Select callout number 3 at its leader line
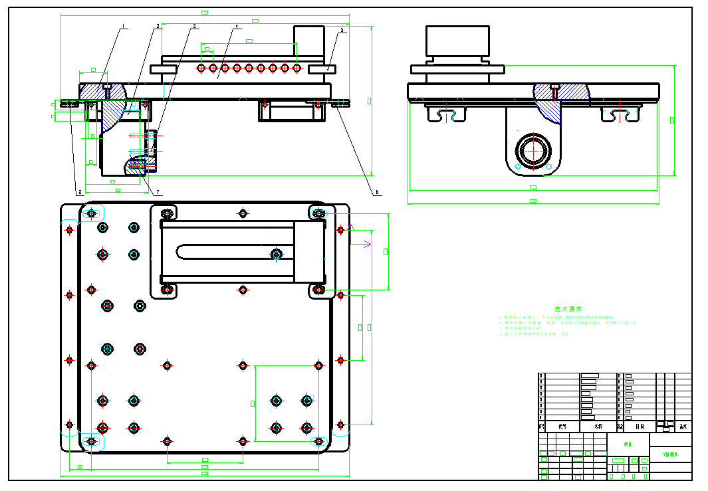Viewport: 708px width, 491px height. pyautogui.click(x=195, y=27)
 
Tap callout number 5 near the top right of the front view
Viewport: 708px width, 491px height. pyautogui.click(x=342, y=31)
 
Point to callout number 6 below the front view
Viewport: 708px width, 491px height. pyautogui.click(x=377, y=192)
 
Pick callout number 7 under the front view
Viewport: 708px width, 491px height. pyautogui.click(x=158, y=193)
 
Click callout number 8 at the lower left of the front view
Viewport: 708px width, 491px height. pyautogui.click(x=80, y=193)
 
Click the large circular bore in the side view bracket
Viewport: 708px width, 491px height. pyautogui.click(x=532, y=150)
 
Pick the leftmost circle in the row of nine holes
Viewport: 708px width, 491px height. pyautogui.click(x=201, y=68)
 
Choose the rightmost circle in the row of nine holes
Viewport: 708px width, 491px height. pyautogui.click(x=296, y=68)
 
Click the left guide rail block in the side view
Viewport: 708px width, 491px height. pyautogui.click(x=445, y=114)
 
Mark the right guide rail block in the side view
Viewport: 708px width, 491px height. pyautogui.click(x=621, y=114)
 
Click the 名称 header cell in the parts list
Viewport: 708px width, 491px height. pyautogui.click(x=599, y=427)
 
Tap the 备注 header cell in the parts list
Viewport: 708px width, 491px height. pyautogui.click(x=683, y=427)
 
